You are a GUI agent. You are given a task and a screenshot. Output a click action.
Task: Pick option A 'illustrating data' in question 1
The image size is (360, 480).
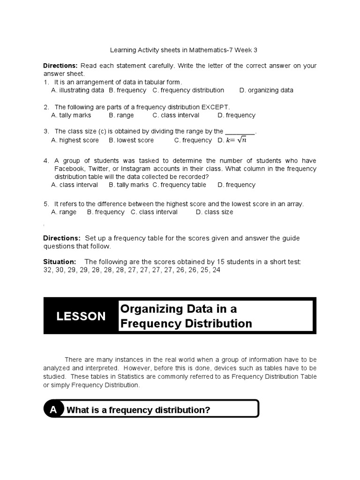pyautogui.click(x=77, y=90)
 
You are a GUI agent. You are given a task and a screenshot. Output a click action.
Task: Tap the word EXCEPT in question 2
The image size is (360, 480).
pyautogui.click(x=215, y=107)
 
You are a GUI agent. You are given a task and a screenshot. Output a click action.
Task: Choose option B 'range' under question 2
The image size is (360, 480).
pyautogui.click(x=121, y=115)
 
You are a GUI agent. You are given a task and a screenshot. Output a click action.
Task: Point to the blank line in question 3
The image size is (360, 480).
pyautogui.click(x=240, y=132)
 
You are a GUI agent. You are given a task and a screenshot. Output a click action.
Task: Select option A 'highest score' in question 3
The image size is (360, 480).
pyautogui.click(x=75, y=140)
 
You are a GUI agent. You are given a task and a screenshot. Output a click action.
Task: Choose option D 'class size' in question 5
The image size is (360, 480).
pyautogui.click(x=214, y=212)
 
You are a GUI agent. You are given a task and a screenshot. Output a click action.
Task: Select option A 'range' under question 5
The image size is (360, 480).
pyautogui.click(x=64, y=212)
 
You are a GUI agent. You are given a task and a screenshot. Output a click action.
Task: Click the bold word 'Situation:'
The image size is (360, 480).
pyautogui.click(x=60, y=262)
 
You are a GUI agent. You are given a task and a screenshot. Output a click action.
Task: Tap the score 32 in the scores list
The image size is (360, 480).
pyautogui.click(x=47, y=270)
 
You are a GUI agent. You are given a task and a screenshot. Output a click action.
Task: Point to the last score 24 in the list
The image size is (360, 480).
pyautogui.click(x=216, y=270)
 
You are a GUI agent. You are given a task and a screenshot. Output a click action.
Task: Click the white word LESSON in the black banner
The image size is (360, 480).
pyautogui.click(x=81, y=316)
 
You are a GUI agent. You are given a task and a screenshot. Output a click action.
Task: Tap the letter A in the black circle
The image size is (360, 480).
pyautogui.click(x=53, y=410)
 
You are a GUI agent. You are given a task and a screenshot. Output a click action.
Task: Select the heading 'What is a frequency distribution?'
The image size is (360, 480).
pyautogui.click(x=138, y=410)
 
